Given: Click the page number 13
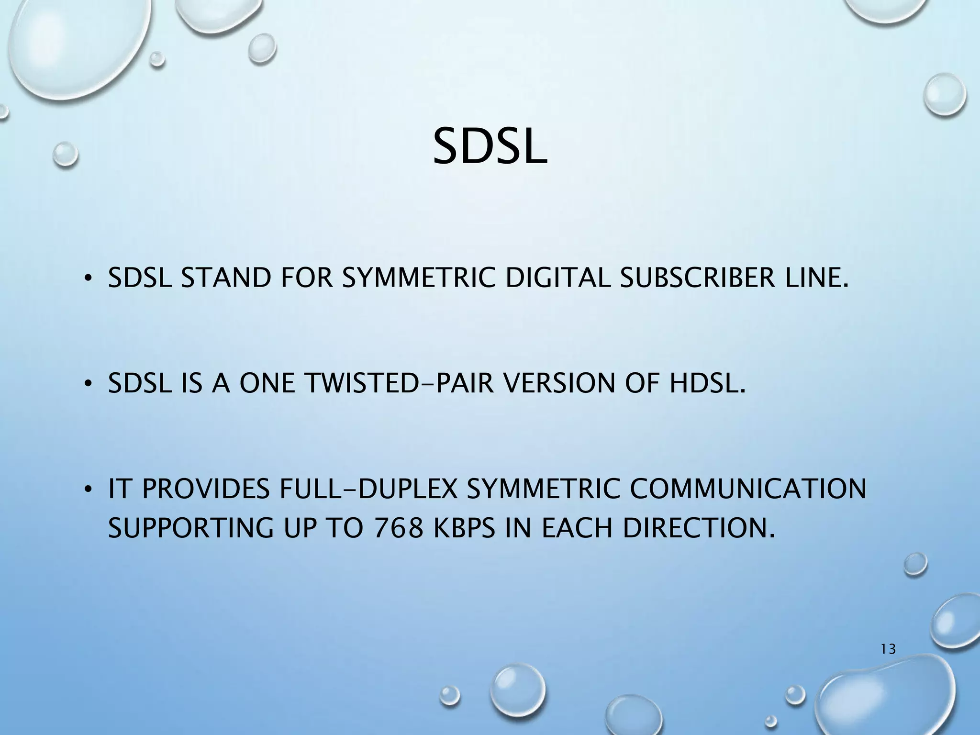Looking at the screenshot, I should (888, 649).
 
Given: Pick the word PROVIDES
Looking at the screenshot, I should (205, 489).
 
